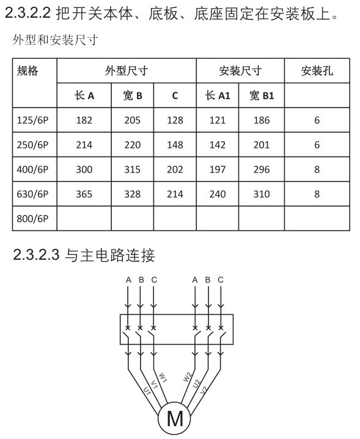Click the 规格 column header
pyautogui.click(x=28, y=71)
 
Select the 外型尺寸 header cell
pyautogui.click(x=127, y=71)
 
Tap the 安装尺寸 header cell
pyautogui.click(x=240, y=71)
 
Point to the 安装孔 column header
pyautogui.click(x=317, y=71)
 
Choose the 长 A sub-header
pyautogui.click(x=84, y=95)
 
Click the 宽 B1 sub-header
pyautogui.click(x=262, y=95)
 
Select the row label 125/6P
pyautogui.click(x=32, y=120)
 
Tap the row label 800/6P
pyautogui.click(x=32, y=218)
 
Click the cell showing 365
pyautogui.click(x=84, y=194)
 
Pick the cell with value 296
pyautogui.click(x=262, y=169)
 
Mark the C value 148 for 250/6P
pyautogui.click(x=175, y=145)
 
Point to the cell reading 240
pyautogui.click(x=218, y=194)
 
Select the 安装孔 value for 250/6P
pyautogui.click(x=317, y=145)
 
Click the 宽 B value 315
pyautogui.click(x=133, y=169)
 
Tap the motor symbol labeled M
pyautogui.click(x=174, y=419)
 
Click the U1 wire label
pyautogui.click(x=147, y=391)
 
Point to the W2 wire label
pyautogui.click(x=187, y=377)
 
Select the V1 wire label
pyautogui.click(x=155, y=384)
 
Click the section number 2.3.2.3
pyautogui.click(x=37, y=254)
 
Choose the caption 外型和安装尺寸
pyautogui.click(x=56, y=40)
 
